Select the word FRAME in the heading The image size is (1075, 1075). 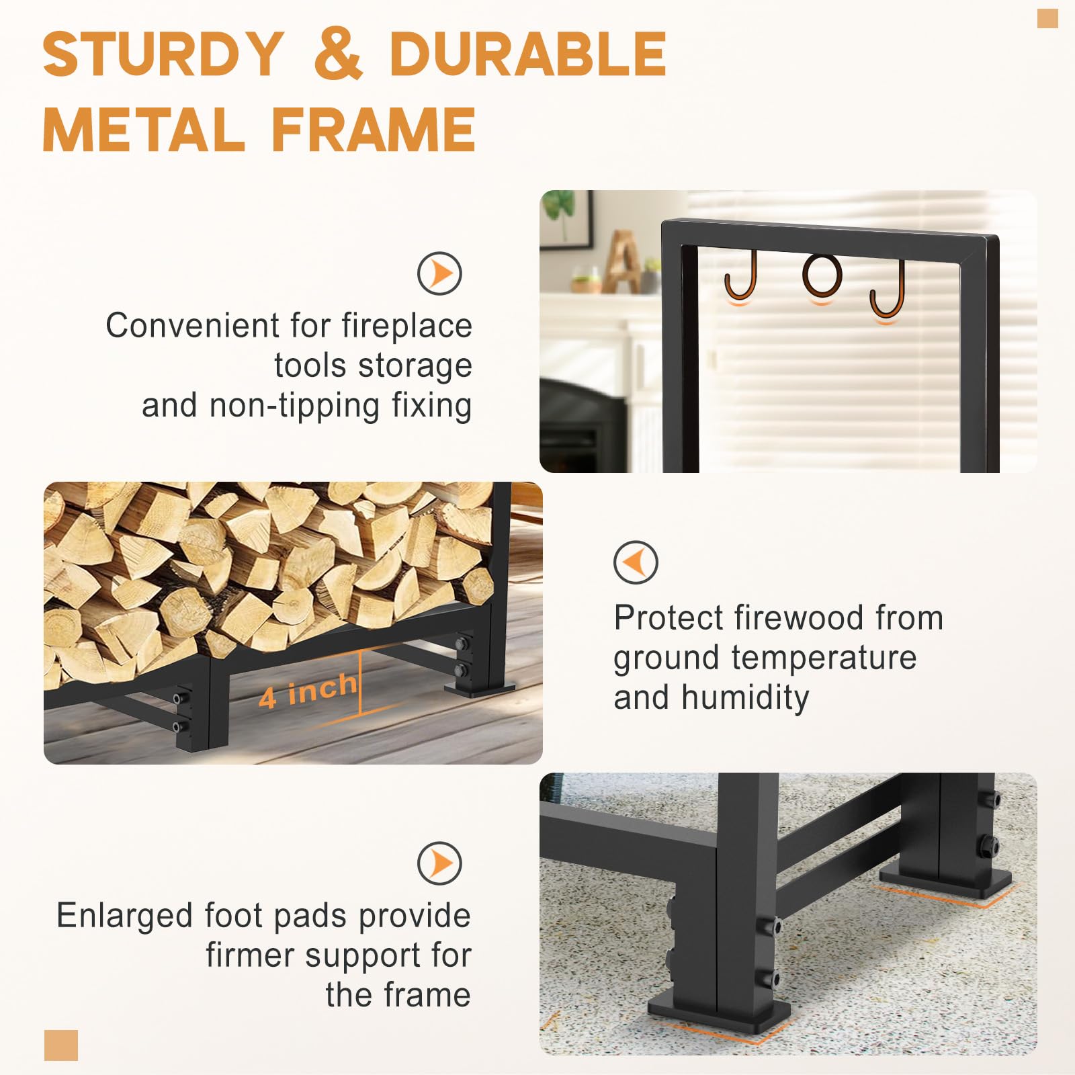tap(373, 129)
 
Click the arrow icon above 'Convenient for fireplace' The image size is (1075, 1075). tap(439, 273)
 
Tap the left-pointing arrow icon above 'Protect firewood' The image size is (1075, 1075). tap(636, 562)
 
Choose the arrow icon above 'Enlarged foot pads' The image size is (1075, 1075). tap(439, 863)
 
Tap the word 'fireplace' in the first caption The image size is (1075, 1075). tap(406, 327)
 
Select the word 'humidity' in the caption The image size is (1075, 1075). tap(745, 698)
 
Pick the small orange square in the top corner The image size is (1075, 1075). tap(1047, 18)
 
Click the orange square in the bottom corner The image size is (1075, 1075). tap(61, 1045)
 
